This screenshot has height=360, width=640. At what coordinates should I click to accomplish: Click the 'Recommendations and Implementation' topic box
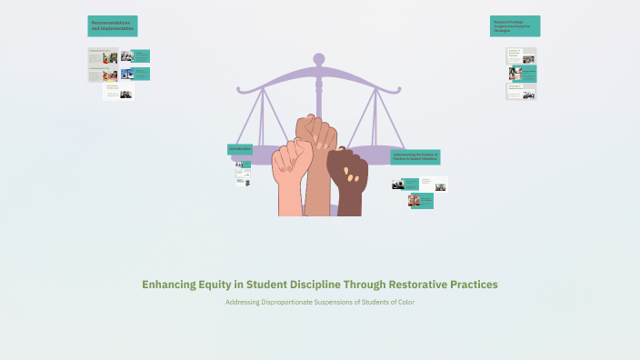click(113, 26)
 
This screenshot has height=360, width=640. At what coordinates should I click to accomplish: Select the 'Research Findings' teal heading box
click(515, 25)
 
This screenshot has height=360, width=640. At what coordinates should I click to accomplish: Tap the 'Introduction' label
click(240, 149)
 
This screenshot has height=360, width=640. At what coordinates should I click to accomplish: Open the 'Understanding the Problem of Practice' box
click(415, 157)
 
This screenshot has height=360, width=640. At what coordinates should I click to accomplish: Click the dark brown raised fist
click(346, 182)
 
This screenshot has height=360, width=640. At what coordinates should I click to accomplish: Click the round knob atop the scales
click(319, 59)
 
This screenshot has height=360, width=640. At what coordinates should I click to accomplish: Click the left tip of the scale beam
click(239, 90)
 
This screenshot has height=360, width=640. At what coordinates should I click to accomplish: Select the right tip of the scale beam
click(400, 90)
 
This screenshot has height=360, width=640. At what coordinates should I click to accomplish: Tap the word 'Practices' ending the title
click(472, 285)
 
